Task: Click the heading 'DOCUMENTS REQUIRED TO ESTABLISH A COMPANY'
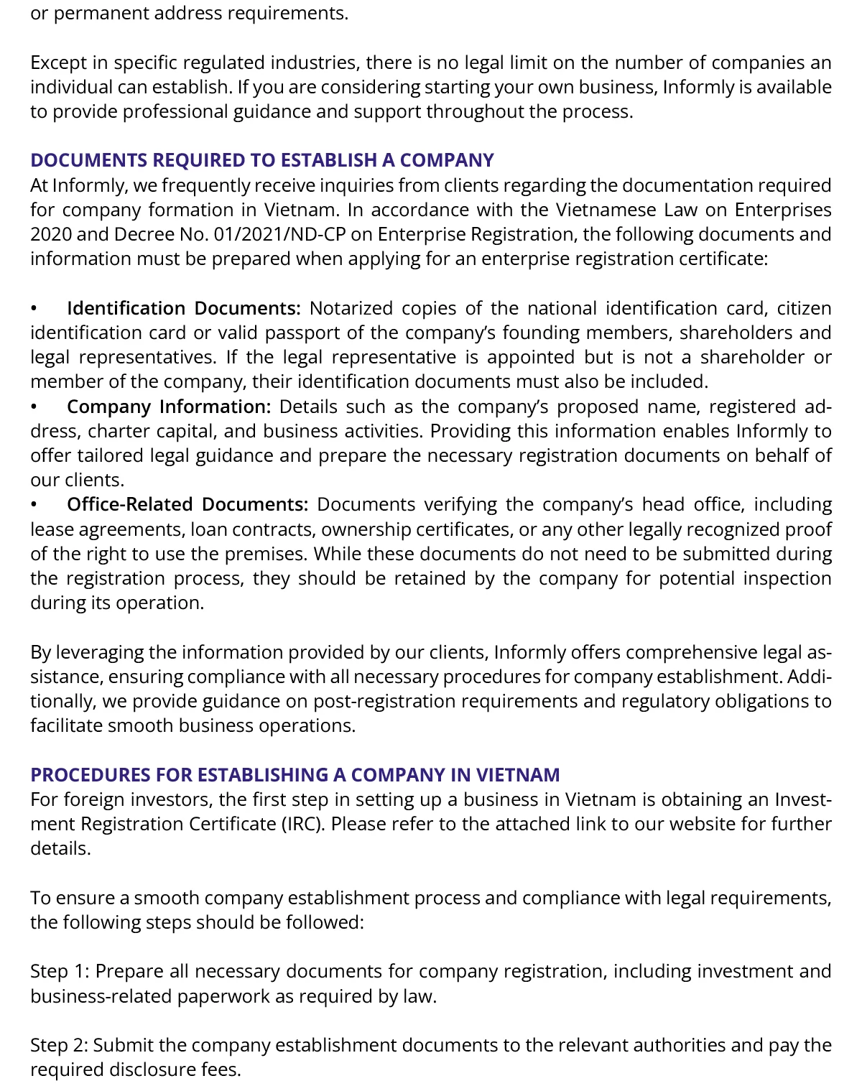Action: pyautogui.click(x=262, y=160)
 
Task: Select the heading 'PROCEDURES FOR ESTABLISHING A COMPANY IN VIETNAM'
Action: pyautogui.click(x=295, y=775)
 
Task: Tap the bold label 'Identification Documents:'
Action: pyautogui.click(x=184, y=309)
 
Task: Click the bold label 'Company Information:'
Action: pyautogui.click(x=169, y=407)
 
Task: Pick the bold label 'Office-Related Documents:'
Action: pyautogui.click(x=187, y=505)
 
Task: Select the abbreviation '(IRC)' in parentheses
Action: pyautogui.click(x=303, y=824)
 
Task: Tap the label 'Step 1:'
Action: pyautogui.click(x=60, y=972)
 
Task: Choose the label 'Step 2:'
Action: pyautogui.click(x=60, y=1046)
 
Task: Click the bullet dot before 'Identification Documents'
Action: pyautogui.click(x=34, y=310)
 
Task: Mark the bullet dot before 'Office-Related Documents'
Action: pyautogui.click(x=34, y=506)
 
